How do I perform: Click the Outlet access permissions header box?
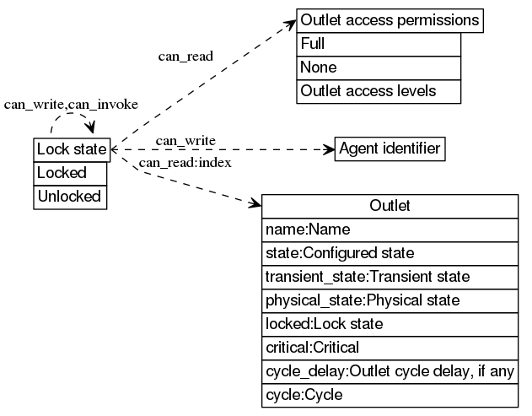pyautogui.click(x=390, y=20)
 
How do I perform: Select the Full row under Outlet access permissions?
pyautogui.click(x=379, y=44)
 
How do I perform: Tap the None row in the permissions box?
pyautogui.click(x=379, y=68)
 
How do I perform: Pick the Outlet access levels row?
pyautogui.click(x=379, y=91)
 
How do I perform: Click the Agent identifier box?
pyautogui.click(x=390, y=149)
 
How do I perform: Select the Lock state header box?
pyautogui.click(x=71, y=149)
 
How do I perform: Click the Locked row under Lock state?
pyautogui.click(x=71, y=173)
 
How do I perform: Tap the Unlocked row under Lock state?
pyautogui.click(x=71, y=197)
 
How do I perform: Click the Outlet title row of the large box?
pyautogui.click(x=390, y=206)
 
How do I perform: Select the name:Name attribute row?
pyautogui.click(x=390, y=230)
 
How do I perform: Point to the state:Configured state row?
pyautogui.click(x=390, y=253)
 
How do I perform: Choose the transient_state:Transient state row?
pyautogui.click(x=390, y=277)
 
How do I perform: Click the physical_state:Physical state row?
pyautogui.click(x=390, y=300)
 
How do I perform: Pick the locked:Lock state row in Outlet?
pyautogui.click(x=390, y=324)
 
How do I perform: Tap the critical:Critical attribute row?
pyautogui.click(x=390, y=348)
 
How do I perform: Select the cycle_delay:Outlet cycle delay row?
pyautogui.click(x=390, y=371)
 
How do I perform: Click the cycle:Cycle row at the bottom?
pyautogui.click(x=390, y=395)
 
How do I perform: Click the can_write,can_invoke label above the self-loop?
pyautogui.click(x=71, y=105)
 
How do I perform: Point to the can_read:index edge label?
pyautogui.click(x=185, y=162)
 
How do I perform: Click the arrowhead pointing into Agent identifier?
pyautogui.click(x=329, y=149)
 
